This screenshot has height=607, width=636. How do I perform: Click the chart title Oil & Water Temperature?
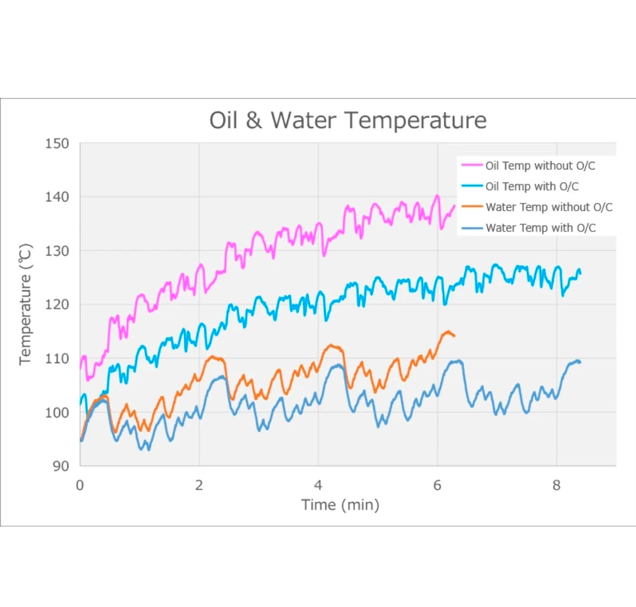pos(348,120)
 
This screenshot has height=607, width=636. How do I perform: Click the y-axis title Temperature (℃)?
pos(25,304)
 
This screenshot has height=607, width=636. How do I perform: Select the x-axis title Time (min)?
pos(340,505)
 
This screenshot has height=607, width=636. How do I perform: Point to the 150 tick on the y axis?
pos(57,143)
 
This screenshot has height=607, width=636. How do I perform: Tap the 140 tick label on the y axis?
pos(57,197)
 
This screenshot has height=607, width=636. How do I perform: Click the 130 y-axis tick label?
pos(57,251)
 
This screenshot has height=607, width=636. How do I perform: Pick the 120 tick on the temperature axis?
pos(57,305)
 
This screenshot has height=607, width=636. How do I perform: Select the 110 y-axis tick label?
pos(57,358)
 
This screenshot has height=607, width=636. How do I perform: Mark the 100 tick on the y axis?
pos(57,412)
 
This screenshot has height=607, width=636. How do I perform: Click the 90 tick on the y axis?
pos(61,466)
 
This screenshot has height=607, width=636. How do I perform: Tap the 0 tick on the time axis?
pos(80,485)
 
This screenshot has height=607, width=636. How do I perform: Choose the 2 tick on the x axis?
pos(199,485)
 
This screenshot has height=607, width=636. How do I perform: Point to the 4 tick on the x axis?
pos(318,485)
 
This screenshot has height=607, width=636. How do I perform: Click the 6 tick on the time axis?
pos(438,485)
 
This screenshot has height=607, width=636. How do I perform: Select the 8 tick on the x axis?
pos(557,485)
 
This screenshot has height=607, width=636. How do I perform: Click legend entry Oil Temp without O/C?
pos(540,166)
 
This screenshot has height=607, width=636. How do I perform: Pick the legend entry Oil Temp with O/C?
pos(531,187)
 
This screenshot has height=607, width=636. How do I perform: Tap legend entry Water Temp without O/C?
pos(549,207)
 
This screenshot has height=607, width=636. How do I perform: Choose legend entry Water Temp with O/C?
pos(540,228)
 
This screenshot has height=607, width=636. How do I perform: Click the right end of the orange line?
pos(454,335)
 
